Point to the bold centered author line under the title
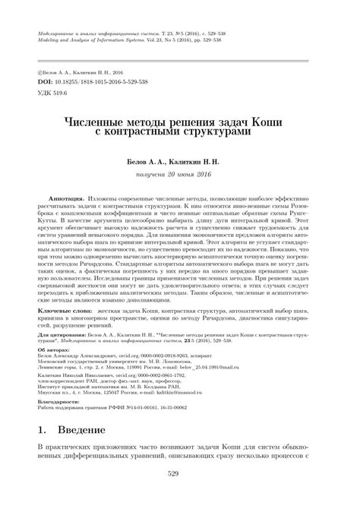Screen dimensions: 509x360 179,160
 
